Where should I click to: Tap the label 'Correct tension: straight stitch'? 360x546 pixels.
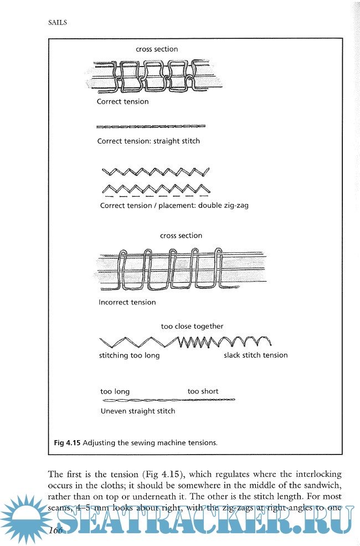click(x=148, y=141)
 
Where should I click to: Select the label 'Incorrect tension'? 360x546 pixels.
click(x=127, y=302)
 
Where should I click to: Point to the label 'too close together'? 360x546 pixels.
click(x=192, y=326)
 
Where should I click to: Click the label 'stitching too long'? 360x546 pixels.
click(x=129, y=355)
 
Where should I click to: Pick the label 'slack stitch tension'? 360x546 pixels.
click(x=255, y=355)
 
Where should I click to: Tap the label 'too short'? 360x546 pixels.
click(x=203, y=391)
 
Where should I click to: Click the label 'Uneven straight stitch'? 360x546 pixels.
click(x=137, y=411)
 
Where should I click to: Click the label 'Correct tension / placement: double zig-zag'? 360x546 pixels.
click(x=174, y=206)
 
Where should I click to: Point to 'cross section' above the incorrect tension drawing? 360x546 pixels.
click(x=181, y=236)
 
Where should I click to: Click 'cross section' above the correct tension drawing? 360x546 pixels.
click(x=157, y=49)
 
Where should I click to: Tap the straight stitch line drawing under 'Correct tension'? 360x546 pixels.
click(x=151, y=126)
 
